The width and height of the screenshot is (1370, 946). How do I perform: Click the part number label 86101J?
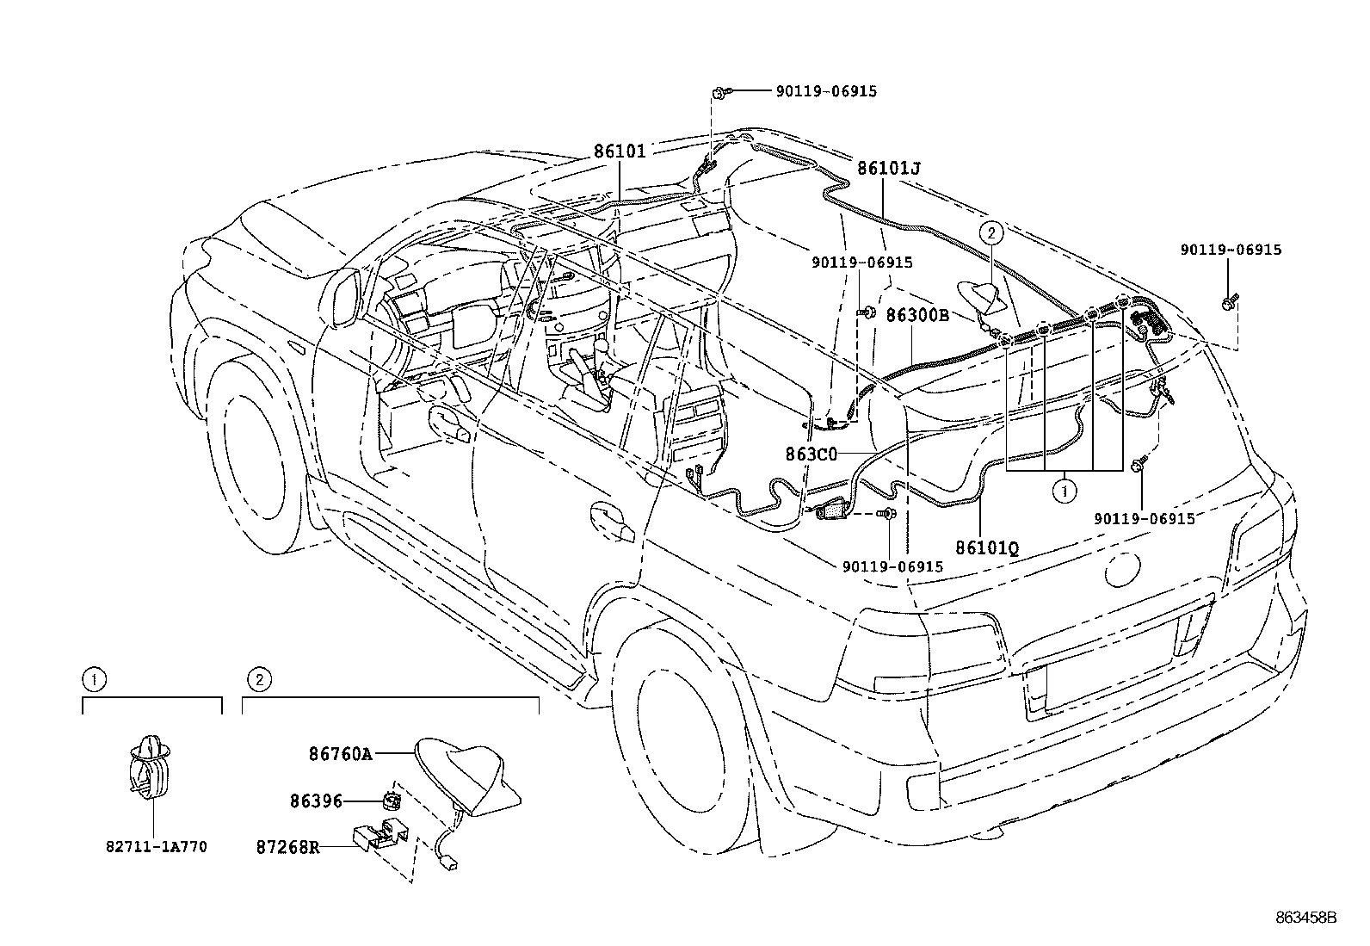click(x=889, y=168)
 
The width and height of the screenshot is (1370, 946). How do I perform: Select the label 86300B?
click(x=917, y=315)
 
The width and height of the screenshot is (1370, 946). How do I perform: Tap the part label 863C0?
click(x=811, y=454)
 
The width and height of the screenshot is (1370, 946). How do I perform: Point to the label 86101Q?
click(x=987, y=547)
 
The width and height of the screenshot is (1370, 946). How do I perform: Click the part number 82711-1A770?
click(x=157, y=847)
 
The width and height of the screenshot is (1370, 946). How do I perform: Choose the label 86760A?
click(x=340, y=754)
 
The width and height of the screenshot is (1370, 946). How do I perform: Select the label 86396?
click(x=316, y=801)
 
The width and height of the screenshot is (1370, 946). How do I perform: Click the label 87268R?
click(x=287, y=848)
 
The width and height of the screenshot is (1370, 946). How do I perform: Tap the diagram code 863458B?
click(x=1305, y=918)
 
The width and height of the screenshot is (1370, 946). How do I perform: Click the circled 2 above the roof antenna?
click(x=991, y=232)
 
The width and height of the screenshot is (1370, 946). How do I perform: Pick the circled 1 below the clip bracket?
click(x=1065, y=491)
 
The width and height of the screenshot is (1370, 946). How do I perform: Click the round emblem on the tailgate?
click(x=1122, y=570)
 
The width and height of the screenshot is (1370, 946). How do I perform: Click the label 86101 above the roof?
click(x=620, y=151)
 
